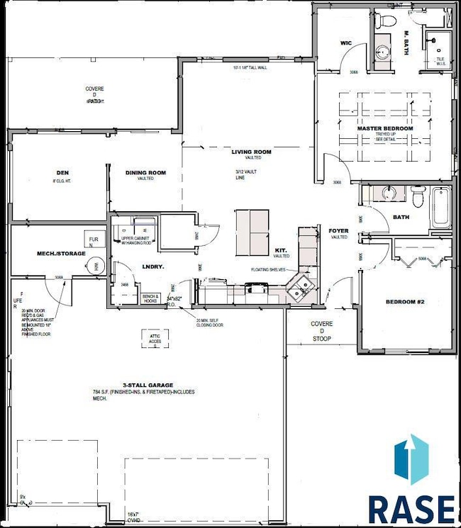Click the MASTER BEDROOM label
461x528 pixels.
pyautogui.click(x=384, y=128)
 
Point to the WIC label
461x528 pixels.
pyautogui.click(x=346, y=43)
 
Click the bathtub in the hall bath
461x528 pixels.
pyautogui.click(x=440, y=207)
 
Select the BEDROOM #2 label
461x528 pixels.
pyautogui.click(x=404, y=302)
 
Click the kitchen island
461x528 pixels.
pyautogui.click(x=252, y=231)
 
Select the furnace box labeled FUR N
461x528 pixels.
pyautogui.click(x=93, y=240)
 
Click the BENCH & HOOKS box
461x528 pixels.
pyautogui.click(x=150, y=298)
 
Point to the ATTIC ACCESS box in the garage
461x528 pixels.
pyautogui.click(x=154, y=339)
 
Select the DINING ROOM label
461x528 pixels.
pyautogui.click(x=145, y=172)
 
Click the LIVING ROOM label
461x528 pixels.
pyautogui.click(x=251, y=152)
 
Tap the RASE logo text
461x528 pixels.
pyautogui.click(x=411, y=508)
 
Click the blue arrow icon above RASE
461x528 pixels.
pyautogui.click(x=411, y=461)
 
